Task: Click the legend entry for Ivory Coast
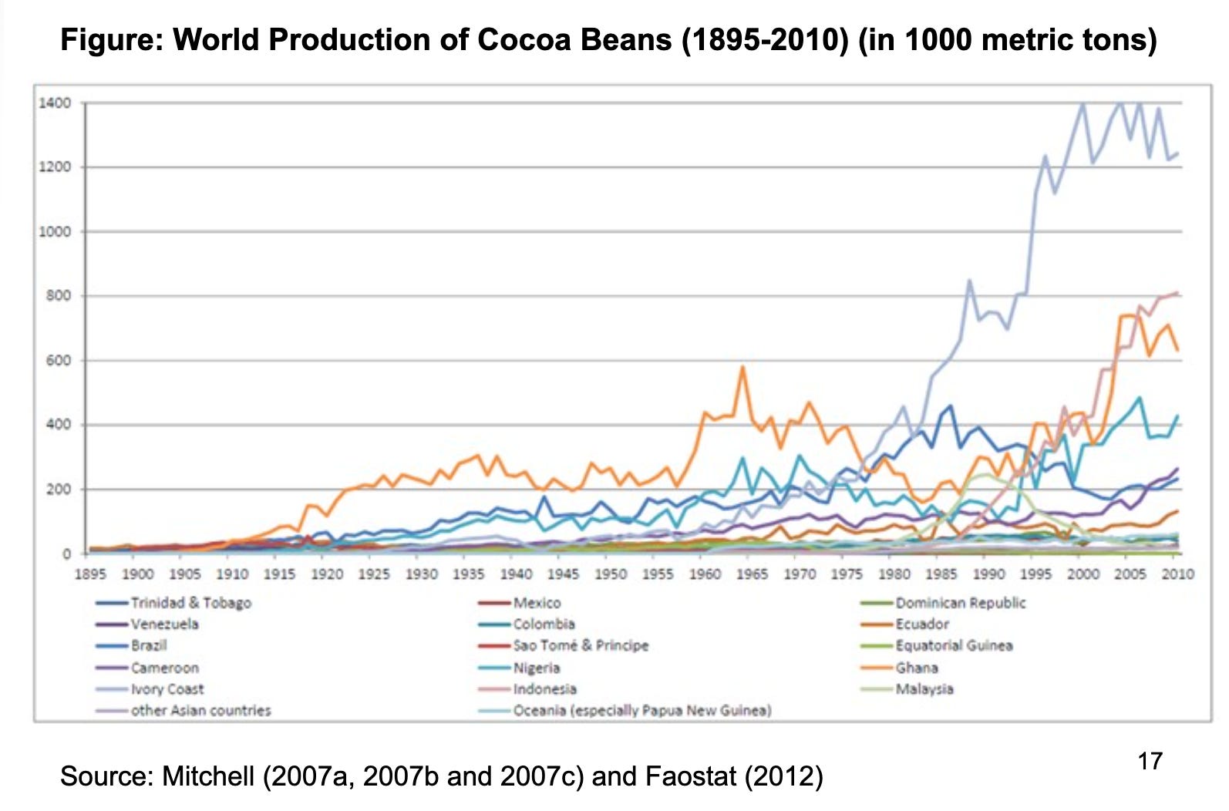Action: (x=167, y=689)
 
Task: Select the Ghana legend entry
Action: (x=916, y=668)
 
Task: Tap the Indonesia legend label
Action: (x=544, y=689)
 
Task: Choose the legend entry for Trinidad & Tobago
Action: (x=190, y=603)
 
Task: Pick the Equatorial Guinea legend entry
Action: (x=953, y=646)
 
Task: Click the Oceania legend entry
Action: (x=641, y=711)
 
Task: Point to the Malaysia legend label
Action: (x=924, y=689)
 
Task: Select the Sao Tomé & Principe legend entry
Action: (x=581, y=646)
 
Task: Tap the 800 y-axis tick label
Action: (x=59, y=296)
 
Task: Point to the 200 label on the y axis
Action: (x=59, y=490)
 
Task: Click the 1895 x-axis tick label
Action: (x=89, y=574)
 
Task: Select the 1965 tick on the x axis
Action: (x=753, y=574)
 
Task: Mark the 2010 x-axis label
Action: (x=1178, y=574)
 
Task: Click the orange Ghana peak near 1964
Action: (x=742, y=368)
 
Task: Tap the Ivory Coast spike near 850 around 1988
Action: (x=969, y=281)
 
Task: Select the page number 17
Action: (x=1150, y=762)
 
